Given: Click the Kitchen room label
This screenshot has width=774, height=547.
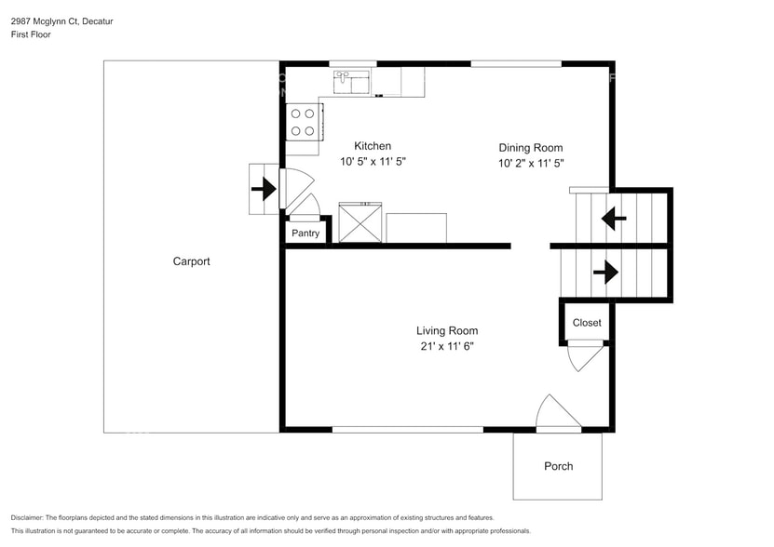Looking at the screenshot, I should point(373,146).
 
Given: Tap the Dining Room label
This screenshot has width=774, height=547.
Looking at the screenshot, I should point(530,148).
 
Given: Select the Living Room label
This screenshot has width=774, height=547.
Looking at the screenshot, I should point(447,330).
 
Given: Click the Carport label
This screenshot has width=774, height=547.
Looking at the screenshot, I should point(191,261).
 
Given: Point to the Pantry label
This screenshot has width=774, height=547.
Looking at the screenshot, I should point(306,233).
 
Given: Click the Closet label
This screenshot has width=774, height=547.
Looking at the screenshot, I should point(587,323).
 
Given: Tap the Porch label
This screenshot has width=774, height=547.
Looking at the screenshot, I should point(559,466).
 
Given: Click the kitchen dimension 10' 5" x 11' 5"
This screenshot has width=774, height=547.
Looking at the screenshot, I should point(373,161).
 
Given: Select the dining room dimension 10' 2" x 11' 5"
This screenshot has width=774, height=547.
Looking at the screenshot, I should point(531,163).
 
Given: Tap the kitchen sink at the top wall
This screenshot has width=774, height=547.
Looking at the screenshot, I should point(352,82).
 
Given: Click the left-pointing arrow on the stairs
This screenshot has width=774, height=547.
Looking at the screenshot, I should point(614,220).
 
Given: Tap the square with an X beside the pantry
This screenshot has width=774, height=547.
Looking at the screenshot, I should point(360,223).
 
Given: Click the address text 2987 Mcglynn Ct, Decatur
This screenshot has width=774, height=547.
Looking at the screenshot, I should point(56,20).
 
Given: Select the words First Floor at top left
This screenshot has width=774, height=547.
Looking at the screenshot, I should point(32,34).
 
